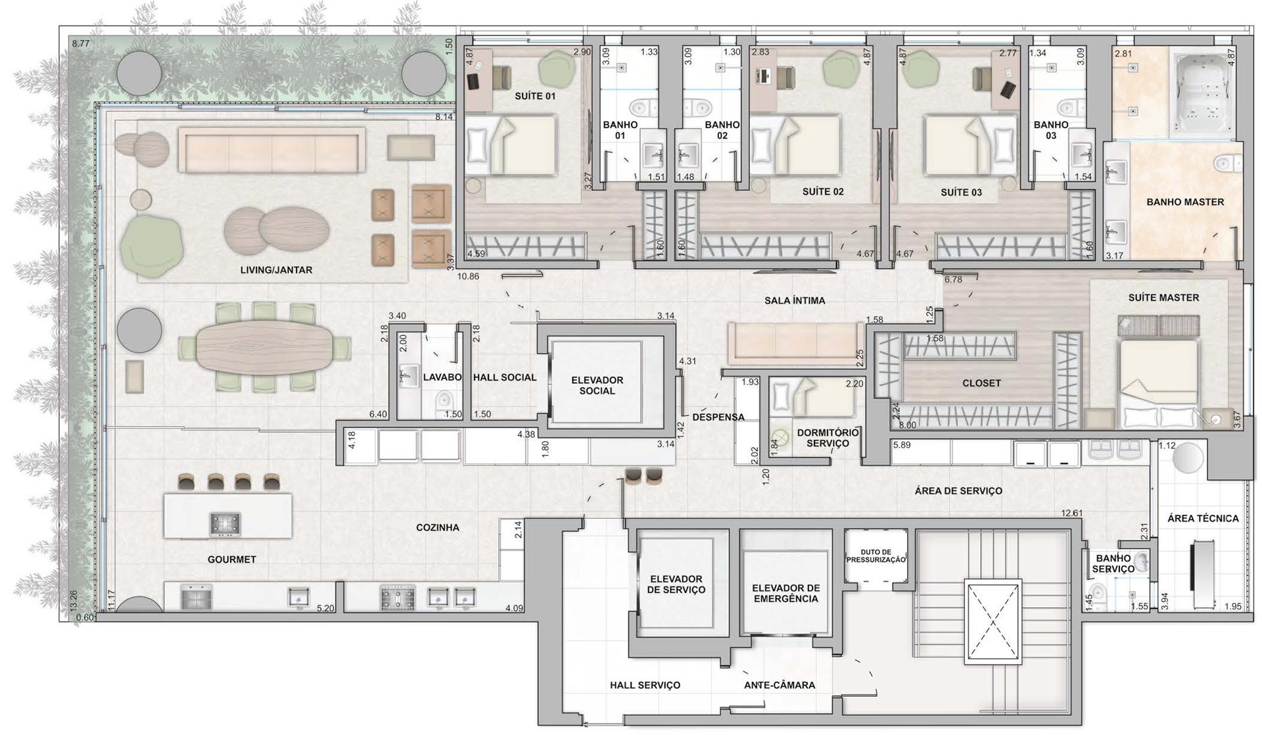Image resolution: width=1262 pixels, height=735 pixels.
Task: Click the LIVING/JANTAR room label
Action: [x=276, y=270]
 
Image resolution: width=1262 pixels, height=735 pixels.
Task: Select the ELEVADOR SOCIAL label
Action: [x=597, y=385]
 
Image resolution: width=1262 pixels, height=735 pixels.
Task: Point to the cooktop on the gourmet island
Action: [x=225, y=523]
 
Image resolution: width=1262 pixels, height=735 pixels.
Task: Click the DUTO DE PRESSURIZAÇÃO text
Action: [x=876, y=556]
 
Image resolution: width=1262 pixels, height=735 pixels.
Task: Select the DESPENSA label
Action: [x=718, y=417]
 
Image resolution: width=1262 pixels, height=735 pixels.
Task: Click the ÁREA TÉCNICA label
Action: [x=1203, y=519]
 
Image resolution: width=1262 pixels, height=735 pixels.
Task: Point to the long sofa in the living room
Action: [x=271, y=151]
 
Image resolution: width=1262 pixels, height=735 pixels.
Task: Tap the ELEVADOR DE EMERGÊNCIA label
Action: [x=785, y=594]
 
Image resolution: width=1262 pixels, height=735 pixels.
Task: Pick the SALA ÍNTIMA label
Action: [x=795, y=300]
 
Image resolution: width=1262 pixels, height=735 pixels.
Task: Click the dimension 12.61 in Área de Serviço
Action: [x=1072, y=513]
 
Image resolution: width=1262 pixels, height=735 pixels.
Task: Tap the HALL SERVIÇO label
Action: [x=645, y=685]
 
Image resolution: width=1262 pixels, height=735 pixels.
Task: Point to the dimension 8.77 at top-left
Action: [x=80, y=43]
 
